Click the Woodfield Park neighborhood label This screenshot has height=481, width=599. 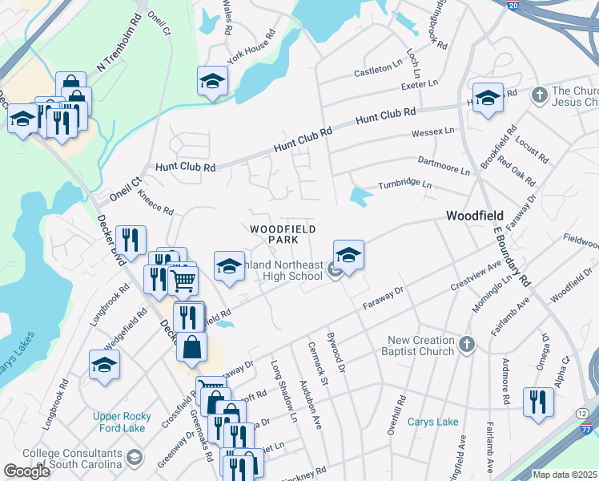277,234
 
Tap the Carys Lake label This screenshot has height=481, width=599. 432,422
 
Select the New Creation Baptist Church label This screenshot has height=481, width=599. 421,346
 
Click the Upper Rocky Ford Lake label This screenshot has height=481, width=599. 128,422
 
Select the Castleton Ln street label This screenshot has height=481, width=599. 379,71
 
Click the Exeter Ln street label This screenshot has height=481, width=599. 420,83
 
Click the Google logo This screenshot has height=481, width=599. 26,471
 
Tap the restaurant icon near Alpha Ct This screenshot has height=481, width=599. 538,401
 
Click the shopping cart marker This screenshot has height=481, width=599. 183,281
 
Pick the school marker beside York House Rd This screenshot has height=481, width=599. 212,81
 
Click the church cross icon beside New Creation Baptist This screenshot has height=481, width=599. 467,346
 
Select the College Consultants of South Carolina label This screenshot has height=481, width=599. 72,459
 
